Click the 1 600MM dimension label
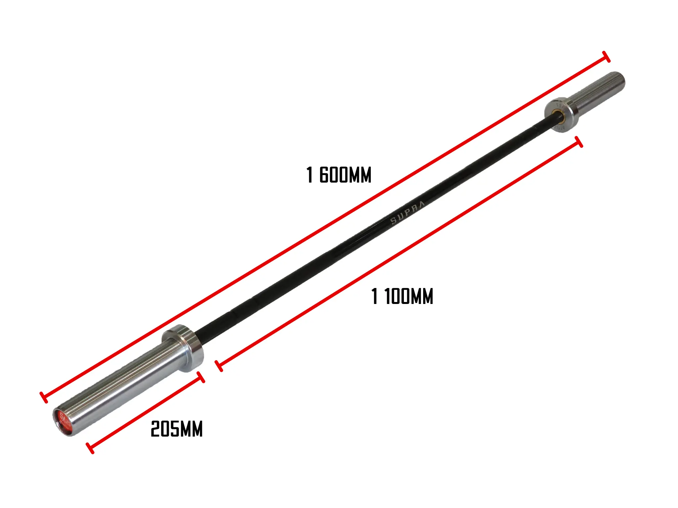coord(339,175)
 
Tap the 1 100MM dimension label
coord(402,296)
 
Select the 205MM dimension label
coord(176,429)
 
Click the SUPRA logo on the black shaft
coord(407,213)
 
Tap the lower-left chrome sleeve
coord(126,385)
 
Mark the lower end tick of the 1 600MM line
coord(43,397)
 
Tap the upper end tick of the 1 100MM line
coord(579,142)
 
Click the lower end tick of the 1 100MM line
coord(219,366)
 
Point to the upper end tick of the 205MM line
coord(201,377)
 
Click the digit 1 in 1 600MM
coord(310,175)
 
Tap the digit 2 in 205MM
coord(155,429)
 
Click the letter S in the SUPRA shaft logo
coord(394,221)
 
